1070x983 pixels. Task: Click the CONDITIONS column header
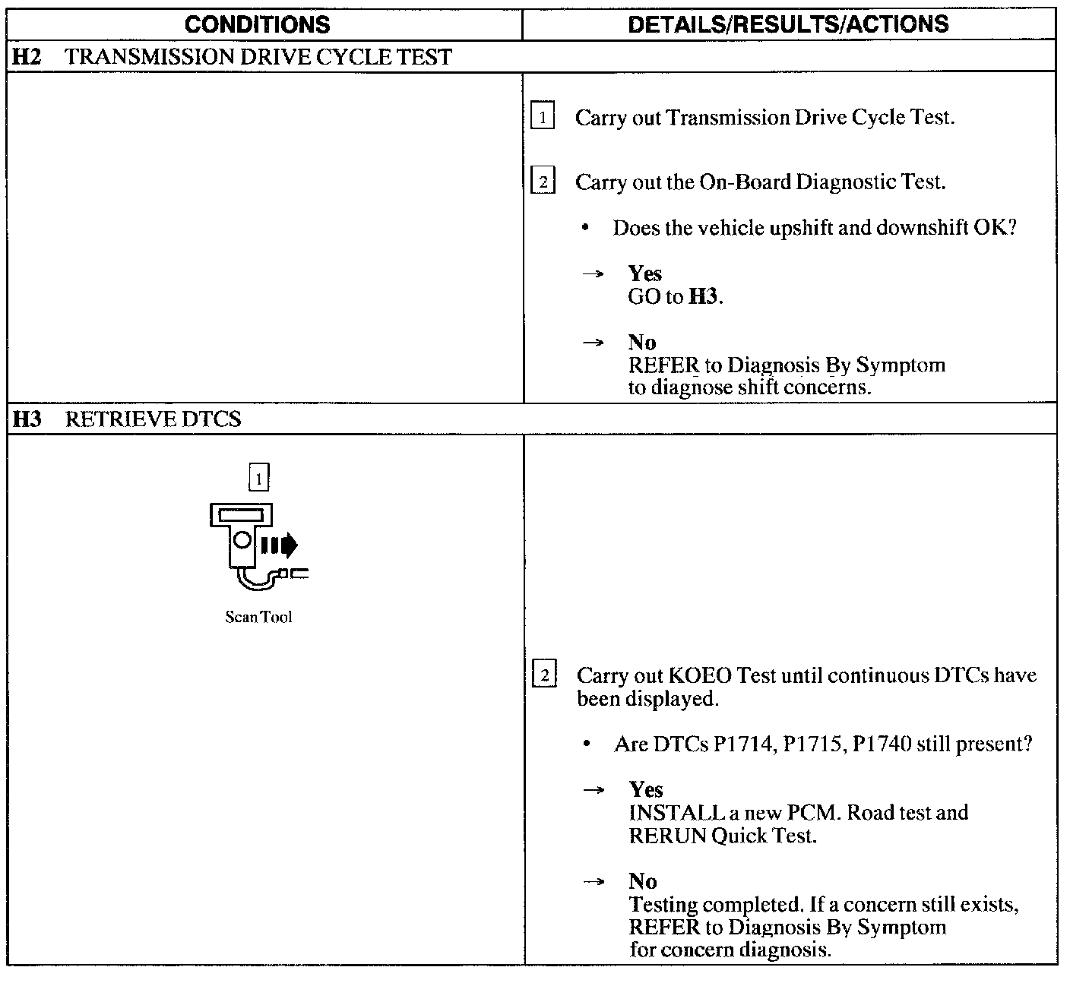click(x=258, y=24)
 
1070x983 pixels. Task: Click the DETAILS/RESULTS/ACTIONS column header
click(x=788, y=24)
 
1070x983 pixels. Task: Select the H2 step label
click(x=27, y=57)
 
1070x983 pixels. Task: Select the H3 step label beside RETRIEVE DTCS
click(x=27, y=419)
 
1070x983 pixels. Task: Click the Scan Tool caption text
click(x=258, y=617)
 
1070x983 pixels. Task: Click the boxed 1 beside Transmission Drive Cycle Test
click(x=542, y=118)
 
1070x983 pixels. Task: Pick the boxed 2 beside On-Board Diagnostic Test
click(x=542, y=182)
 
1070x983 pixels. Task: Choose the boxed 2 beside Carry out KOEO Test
click(x=544, y=675)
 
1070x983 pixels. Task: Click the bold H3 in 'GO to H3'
click(x=703, y=296)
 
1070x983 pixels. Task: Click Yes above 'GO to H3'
click(x=644, y=273)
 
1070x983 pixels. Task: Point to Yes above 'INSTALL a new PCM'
click(x=645, y=789)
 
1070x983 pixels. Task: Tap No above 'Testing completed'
click(x=642, y=881)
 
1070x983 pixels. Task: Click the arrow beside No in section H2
click(x=593, y=343)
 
